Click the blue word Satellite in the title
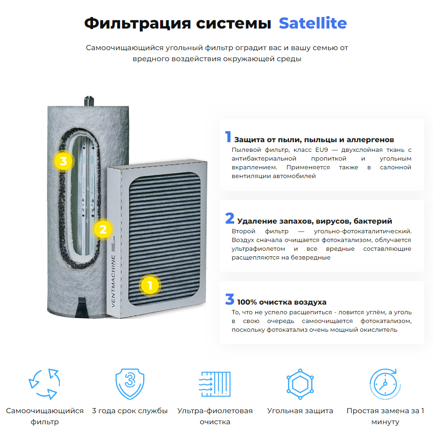coord(312,23)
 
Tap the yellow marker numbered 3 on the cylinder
coord(63,161)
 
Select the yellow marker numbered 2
coord(103,229)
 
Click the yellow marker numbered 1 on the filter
coord(150,285)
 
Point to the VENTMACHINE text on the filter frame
coord(113,281)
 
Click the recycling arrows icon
coord(45,384)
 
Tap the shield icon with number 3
coord(130,384)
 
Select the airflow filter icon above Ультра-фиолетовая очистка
coord(215,384)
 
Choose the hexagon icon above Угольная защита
coord(300,384)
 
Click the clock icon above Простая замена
coord(385,384)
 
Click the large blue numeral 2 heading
coord(230,218)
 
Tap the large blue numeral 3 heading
coord(230,299)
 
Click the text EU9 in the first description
coord(322,150)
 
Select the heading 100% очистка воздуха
coord(282,302)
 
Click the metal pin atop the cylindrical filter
coord(89,101)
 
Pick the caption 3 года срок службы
coord(130,411)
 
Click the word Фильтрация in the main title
coord(138,23)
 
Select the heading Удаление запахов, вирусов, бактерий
coord(315,221)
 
